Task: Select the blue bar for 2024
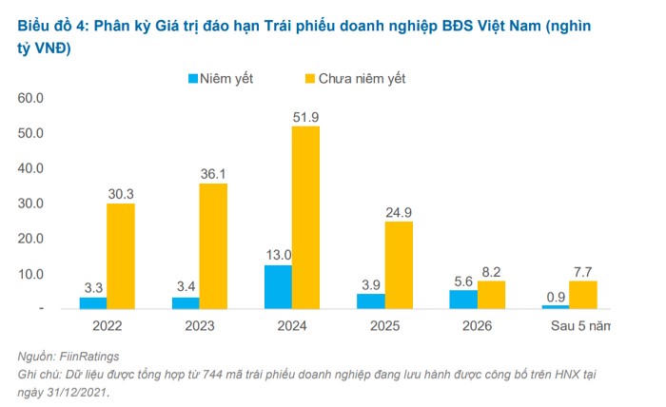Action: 278,286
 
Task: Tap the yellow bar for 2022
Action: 120,256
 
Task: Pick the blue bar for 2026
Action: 463,300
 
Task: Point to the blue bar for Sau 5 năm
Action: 556,306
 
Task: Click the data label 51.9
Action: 306,116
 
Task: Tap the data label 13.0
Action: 278,254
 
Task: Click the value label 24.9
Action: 399,211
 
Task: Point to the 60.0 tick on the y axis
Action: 31,98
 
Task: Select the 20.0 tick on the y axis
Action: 31,239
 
